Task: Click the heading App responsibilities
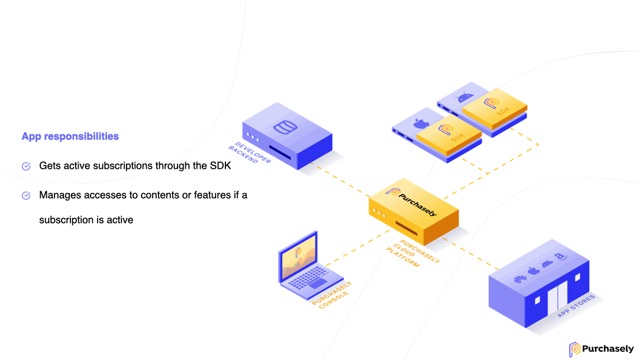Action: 70,136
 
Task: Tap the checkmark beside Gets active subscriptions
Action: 26,166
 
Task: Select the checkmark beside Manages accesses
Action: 26,195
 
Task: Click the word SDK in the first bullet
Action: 221,166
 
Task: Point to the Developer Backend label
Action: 250,153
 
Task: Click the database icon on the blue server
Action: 285,127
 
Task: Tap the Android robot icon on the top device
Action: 465,97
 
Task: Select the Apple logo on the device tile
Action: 421,123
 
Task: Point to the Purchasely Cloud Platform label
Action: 413,253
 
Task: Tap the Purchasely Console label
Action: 332,295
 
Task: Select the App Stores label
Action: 576,306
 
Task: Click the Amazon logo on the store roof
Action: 561,256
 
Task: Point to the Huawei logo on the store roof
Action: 519,279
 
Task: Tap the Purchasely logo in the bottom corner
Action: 601,349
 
